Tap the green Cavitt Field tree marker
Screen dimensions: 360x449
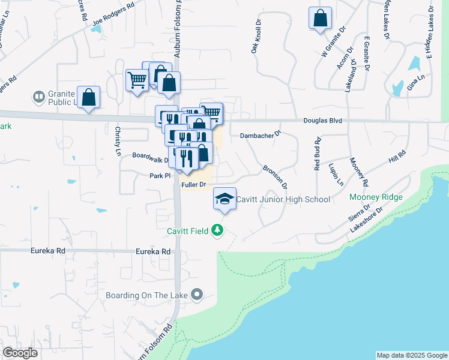[x=217, y=230]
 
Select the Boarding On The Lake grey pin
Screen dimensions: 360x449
[x=196, y=295]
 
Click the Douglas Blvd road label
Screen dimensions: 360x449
[x=322, y=121]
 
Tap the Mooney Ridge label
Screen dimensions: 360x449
[x=376, y=197]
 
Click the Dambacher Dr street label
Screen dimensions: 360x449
[x=261, y=136]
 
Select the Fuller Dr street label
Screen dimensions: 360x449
[x=194, y=185]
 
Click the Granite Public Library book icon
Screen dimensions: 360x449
[x=38, y=96]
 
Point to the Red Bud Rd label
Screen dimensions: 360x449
[x=318, y=155]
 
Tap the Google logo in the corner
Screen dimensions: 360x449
[x=20, y=352]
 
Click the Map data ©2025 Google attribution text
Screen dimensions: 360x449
[x=412, y=355]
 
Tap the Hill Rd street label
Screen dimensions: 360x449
[x=397, y=157]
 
